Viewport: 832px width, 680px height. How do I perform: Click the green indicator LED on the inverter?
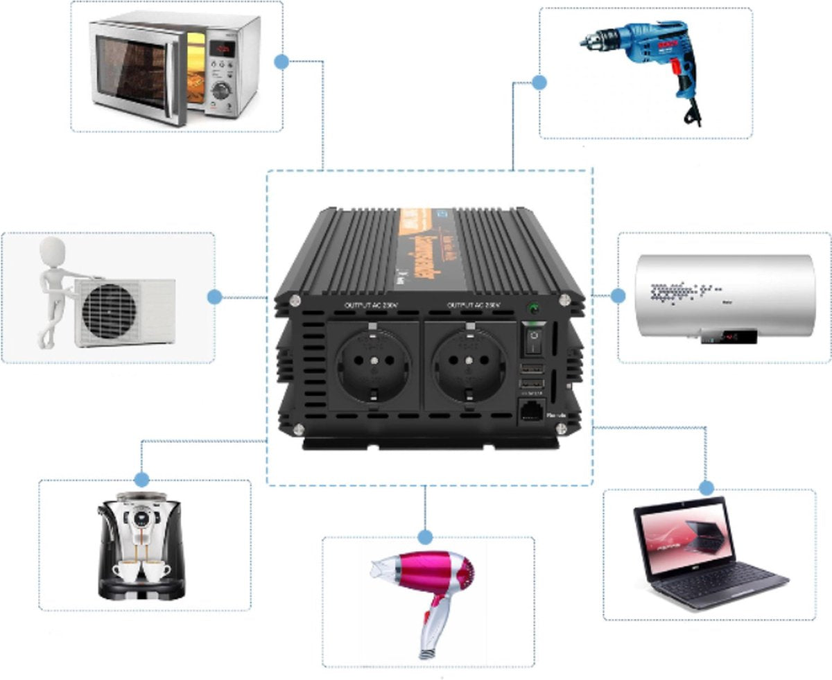[533, 309]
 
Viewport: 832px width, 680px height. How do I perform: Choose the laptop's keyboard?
[714, 578]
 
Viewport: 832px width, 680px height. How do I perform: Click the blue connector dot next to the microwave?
[281, 62]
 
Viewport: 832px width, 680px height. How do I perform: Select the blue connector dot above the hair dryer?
[426, 537]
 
